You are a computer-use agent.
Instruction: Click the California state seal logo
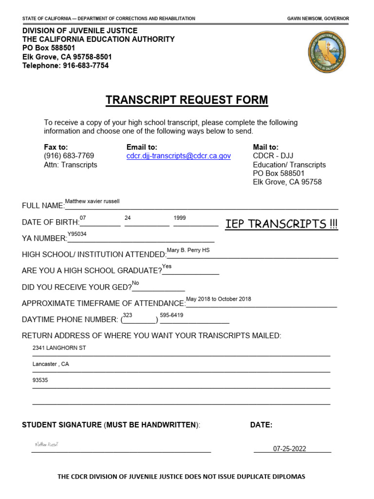point(327,51)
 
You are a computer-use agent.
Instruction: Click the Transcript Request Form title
point(187,100)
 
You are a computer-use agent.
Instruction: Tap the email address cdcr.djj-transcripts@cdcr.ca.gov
point(179,156)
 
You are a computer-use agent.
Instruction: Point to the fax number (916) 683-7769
point(69,156)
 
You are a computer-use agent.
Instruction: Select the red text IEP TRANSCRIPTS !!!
point(281,224)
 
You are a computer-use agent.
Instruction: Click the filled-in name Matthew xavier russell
point(92,201)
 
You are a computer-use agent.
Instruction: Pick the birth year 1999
point(180,218)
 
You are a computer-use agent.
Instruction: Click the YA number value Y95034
point(77,234)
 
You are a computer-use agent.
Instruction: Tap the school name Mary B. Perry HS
point(188,250)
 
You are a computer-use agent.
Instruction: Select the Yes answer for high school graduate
point(167,266)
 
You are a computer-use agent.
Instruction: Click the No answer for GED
point(135,283)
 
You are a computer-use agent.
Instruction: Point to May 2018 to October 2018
point(219,299)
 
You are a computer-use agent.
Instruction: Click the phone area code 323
point(128,315)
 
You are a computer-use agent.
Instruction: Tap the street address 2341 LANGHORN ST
point(59,348)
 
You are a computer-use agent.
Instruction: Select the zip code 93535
point(40,380)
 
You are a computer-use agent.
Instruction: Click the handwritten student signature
point(47,444)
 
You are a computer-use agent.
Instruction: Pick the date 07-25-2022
point(289,449)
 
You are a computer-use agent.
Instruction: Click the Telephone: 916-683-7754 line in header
point(65,65)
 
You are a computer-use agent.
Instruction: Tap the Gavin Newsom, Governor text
point(318,19)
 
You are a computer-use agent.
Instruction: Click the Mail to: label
point(265,147)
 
